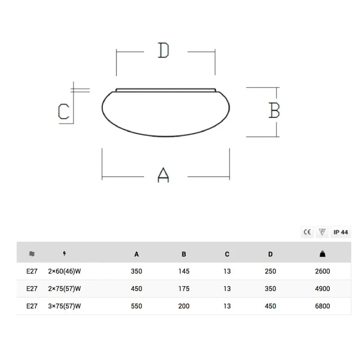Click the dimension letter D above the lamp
[x=164, y=50]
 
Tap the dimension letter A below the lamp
[x=163, y=175]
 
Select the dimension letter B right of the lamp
[x=274, y=110]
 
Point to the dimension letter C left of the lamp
[x=63, y=111]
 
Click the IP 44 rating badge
[x=341, y=232]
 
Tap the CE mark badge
[x=307, y=232]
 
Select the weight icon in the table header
[x=322, y=254]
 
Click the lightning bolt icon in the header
[x=65, y=254]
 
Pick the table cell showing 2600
[x=322, y=271]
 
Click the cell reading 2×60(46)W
[x=65, y=271]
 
